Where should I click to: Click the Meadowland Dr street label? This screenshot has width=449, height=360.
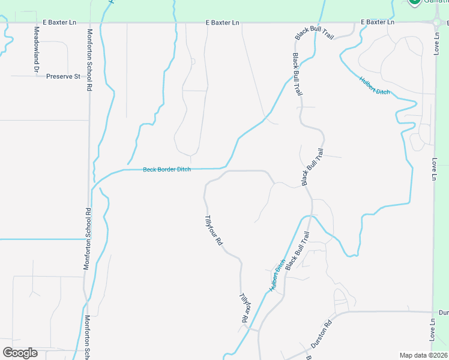[x=37, y=50]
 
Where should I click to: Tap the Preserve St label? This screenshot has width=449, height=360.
[x=63, y=77]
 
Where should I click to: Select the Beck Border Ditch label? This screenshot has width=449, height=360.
[x=166, y=170]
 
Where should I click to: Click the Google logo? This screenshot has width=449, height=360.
[x=20, y=353]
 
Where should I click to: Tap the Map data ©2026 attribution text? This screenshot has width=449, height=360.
[x=423, y=355]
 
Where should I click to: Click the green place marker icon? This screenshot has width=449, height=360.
[x=414, y=2]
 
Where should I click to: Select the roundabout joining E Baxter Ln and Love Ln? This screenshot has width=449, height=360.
[x=436, y=23]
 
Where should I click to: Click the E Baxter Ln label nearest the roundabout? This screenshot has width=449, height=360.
[x=377, y=22]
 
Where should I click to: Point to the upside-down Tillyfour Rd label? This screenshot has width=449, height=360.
[x=244, y=308]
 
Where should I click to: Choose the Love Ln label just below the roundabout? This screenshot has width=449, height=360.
[x=436, y=43]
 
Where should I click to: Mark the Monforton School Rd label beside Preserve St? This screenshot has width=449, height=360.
[x=89, y=60]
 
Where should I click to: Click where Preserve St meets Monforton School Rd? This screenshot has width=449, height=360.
[x=89, y=76]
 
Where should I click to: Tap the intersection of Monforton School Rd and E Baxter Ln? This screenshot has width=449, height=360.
[x=89, y=23]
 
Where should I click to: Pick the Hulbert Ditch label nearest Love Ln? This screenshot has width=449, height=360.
[x=375, y=85]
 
